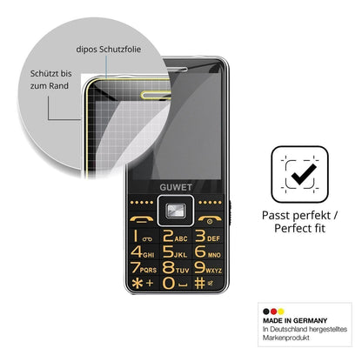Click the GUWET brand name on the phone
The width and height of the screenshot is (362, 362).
pyautogui.click(x=176, y=187)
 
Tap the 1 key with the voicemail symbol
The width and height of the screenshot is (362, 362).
pyautogui.click(x=143, y=236)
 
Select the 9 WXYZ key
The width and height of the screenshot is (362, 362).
pyautogui.click(x=208, y=267)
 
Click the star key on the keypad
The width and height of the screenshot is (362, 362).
pyautogui.click(x=143, y=283)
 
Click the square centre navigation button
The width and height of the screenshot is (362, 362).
pyautogui.click(x=176, y=211)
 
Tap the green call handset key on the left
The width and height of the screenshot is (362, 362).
pyautogui.click(x=142, y=219)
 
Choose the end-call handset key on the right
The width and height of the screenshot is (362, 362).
pyautogui.click(x=210, y=219)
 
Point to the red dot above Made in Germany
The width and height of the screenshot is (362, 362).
pyautogui.click(x=273, y=312)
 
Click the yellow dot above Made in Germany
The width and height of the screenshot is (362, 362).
pyautogui.click(x=281, y=312)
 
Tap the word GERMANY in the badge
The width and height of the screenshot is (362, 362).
pyautogui.click(x=310, y=320)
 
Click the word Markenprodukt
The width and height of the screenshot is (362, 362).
pyautogui.click(x=286, y=338)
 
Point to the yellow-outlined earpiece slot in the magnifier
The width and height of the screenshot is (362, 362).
pyautogui.click(x=156, y=95)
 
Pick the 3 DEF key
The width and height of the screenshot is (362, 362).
pyautogui.click(x=207, y=236)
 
